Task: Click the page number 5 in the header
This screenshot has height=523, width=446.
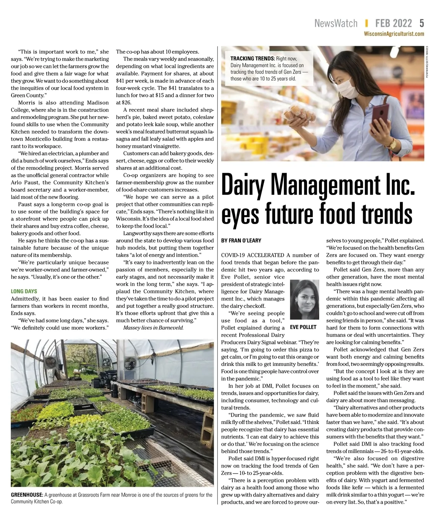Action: click(x=421, y=23)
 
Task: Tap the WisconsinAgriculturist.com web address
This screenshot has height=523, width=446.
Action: click(x=394, y=34)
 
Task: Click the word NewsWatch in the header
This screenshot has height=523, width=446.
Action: click(x=336, y=23)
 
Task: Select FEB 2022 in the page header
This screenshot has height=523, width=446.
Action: click(x=393, y=23)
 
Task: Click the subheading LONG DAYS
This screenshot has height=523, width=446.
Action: click(x=24, y=291)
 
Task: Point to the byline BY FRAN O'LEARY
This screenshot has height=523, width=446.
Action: click(x=241, y=240)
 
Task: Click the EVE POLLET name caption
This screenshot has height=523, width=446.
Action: click(x=303, y=327)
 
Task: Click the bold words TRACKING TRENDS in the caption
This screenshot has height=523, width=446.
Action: click(x=252, y=58)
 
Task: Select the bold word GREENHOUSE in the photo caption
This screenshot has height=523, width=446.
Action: click(x=27, y=495)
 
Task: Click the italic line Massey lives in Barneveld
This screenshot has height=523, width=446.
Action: click(x=153, y=328)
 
